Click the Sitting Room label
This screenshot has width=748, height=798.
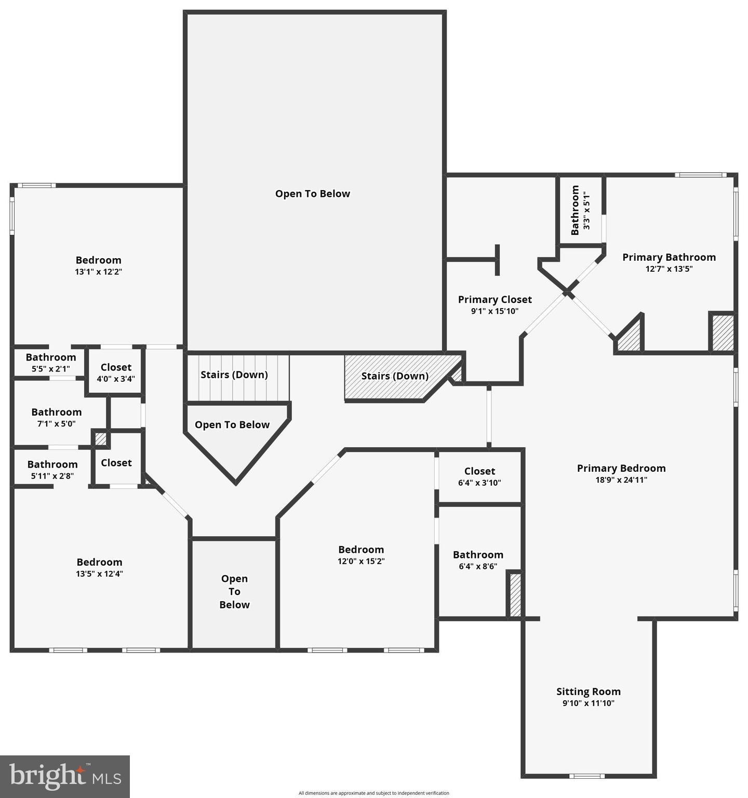pos(588,691)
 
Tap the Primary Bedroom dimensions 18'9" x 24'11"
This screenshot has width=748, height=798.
pos(621,480)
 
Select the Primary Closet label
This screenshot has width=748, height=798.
pos(495,300)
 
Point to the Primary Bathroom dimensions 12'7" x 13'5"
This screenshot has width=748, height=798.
pos(669,269)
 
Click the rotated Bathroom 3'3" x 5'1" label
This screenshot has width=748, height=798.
pos(580,210)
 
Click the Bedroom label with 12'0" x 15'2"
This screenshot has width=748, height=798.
pos(361,550)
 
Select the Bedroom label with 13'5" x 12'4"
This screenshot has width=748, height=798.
pos(99,562)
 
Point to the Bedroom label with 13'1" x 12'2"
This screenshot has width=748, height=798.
pos(98,260)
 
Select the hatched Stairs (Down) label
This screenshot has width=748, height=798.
pos(395,376)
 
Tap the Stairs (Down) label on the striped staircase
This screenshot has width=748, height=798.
pos(234,375)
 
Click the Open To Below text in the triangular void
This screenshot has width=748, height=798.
pos(232,425)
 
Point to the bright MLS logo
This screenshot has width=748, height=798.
pos(65,776)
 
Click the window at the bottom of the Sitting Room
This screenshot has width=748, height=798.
pos(587,776)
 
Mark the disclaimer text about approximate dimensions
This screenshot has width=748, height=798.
pos(373,793)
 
